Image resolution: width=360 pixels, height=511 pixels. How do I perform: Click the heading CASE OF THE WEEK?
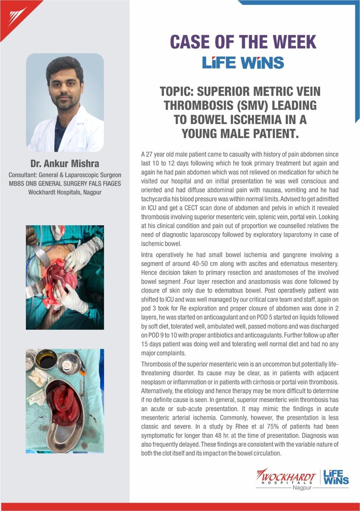[243, 42]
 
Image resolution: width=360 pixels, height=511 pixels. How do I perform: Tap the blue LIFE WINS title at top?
[243, 63]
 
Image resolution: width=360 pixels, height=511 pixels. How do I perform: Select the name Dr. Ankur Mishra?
[65, 164]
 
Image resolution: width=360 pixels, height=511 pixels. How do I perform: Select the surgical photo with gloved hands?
[65, 277]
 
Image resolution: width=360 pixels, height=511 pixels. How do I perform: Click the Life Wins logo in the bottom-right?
[336, 477]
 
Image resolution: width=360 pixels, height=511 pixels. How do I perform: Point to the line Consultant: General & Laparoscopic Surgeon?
[65, 175]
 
